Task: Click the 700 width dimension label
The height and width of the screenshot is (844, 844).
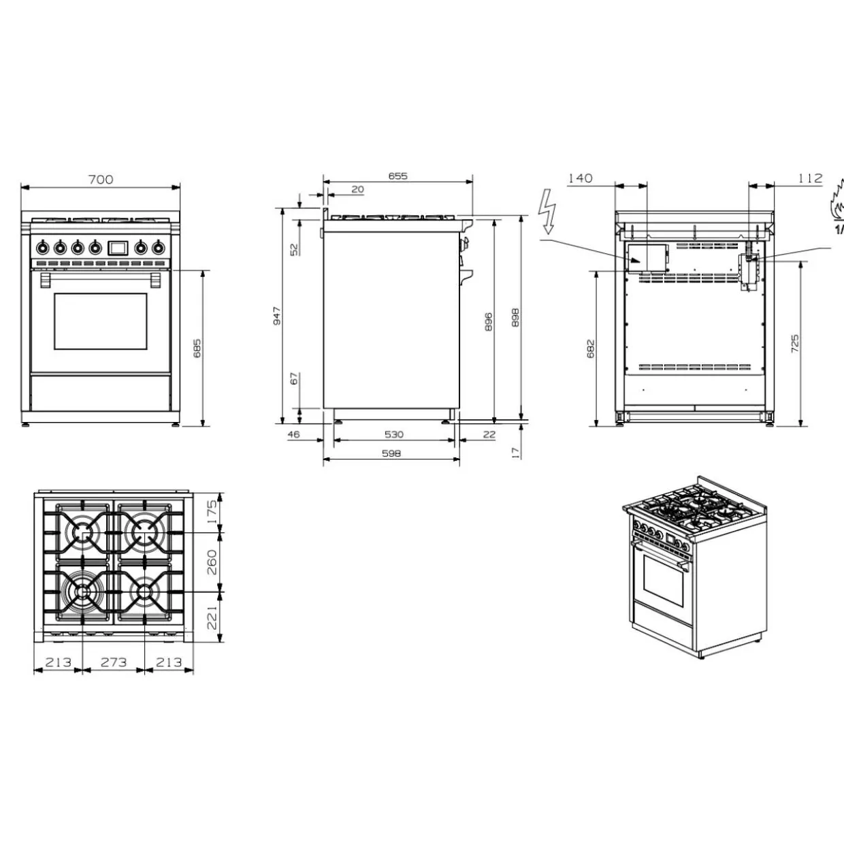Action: pos(101,180)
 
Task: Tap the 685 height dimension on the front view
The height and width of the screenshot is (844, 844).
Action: pos(197,348)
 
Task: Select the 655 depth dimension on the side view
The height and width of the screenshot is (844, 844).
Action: pos(397,176)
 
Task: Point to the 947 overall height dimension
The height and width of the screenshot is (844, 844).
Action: pos(277,316)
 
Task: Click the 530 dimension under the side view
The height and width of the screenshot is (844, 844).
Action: pos(393,434)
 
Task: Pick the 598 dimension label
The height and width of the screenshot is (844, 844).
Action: pos(391,453)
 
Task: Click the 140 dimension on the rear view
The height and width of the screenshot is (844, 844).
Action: pos(581,178)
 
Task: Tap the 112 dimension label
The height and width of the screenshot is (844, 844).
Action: pos(810,178)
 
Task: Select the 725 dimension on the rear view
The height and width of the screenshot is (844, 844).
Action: pos(795,344)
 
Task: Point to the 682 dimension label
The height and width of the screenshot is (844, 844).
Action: pos(591,348)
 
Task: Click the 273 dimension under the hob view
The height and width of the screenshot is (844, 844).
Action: pos(114,662)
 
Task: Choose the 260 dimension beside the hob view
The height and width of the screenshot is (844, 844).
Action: pos(212,562)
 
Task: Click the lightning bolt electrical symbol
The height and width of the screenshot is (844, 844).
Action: pos(547,217)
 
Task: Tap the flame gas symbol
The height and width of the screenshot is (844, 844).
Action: pos(836,206)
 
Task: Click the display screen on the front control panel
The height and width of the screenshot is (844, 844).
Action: pos(118,248)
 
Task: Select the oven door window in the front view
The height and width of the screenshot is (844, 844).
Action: pos(100,321)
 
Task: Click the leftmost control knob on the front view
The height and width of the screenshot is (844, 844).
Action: pos(42,248)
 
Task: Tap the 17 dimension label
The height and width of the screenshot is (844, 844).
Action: pos(517,453)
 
